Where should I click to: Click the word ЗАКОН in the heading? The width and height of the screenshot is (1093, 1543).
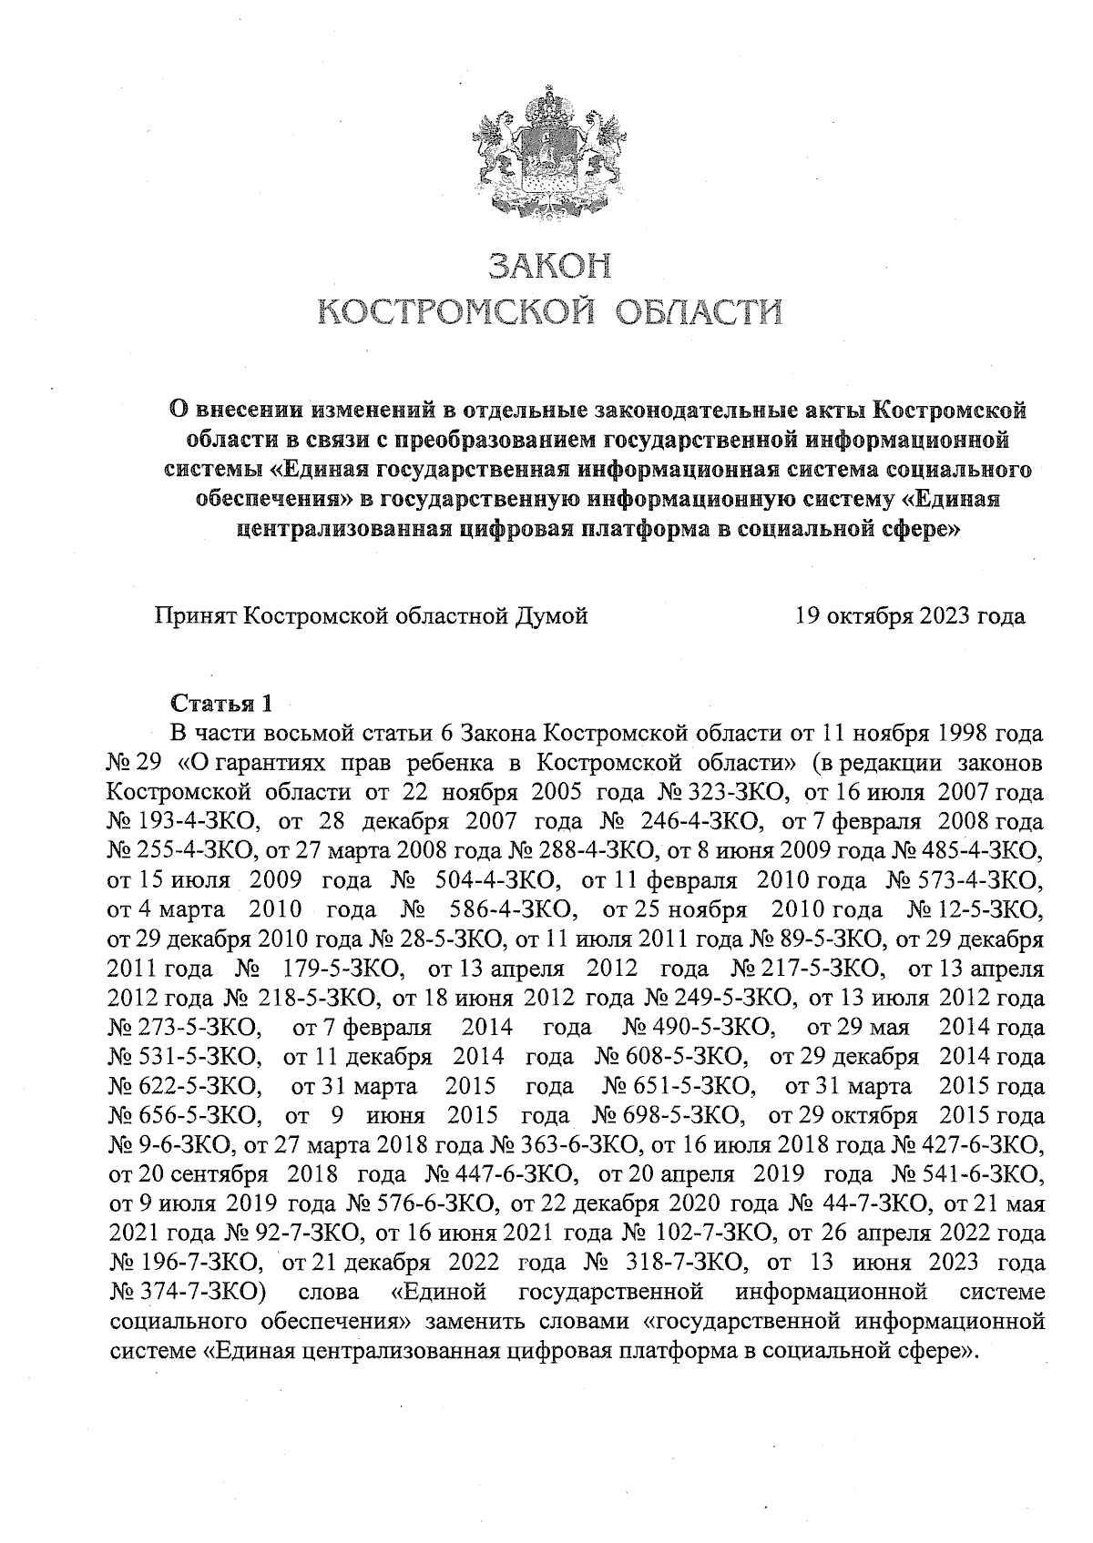[x=548, y=266]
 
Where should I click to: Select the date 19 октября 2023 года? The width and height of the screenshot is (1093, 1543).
[x=910, y=616]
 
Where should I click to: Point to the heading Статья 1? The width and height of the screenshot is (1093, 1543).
[x=221, y=704]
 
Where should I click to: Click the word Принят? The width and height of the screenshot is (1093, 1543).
[x=193, y=616]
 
